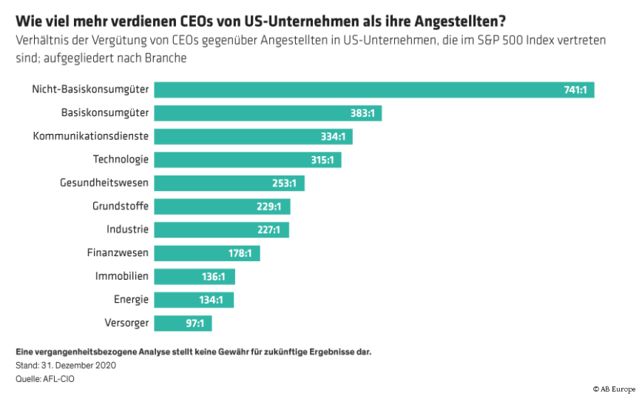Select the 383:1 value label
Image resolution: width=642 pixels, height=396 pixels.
tap(364, 113)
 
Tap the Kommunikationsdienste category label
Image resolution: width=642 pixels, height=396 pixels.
tap(91, 136)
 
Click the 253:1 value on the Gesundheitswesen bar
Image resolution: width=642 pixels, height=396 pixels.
tap(283, 183)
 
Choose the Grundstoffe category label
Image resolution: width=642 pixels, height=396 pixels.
tap(121, 206)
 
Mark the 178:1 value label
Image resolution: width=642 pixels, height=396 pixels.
tap(240, 253)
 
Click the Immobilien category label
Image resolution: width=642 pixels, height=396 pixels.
tap(122, 276)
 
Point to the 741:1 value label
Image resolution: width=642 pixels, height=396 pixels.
tap(575, 90)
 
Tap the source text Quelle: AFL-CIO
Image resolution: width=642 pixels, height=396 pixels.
tap(45, 378)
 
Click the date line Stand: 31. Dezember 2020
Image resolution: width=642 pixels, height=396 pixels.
tap(66, 366)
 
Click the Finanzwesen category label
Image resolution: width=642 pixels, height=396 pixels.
tap(118, 252)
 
